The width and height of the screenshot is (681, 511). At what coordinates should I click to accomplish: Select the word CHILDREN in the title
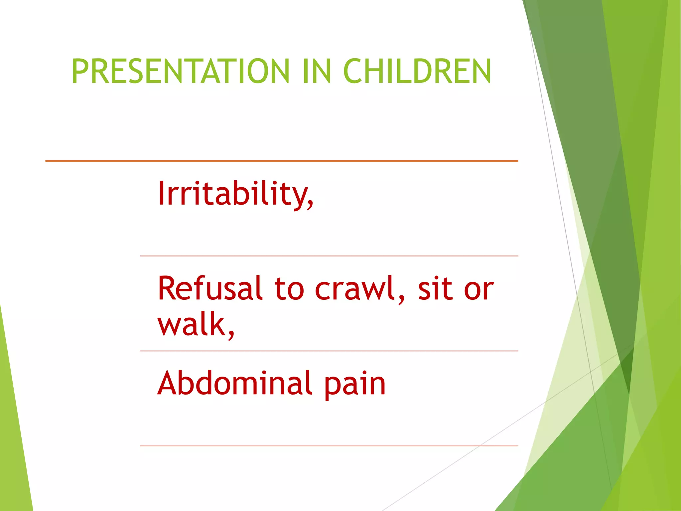point(417,71)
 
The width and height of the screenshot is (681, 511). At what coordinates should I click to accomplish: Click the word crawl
point(356,288)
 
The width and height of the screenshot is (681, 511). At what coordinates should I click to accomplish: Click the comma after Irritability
point(310,203)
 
